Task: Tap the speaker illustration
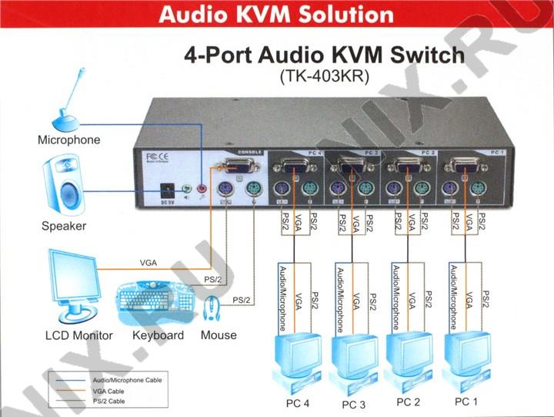pos(66,186)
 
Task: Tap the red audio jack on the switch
pos(203,187)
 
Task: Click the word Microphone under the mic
pos(69,140)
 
